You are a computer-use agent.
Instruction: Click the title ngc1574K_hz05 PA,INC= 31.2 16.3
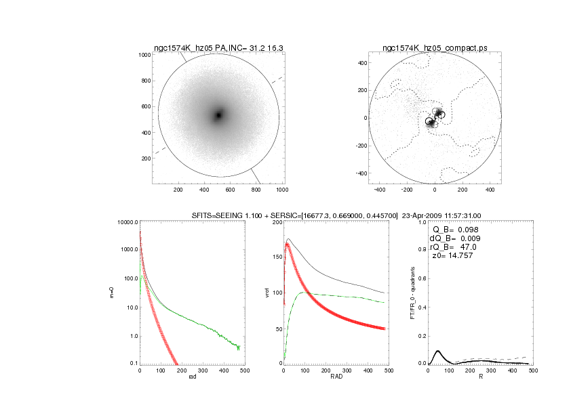point(218,48)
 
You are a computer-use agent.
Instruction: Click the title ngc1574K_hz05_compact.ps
point(435,48)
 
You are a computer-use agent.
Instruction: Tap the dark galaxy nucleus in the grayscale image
point(218,115)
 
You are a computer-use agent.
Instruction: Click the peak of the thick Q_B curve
point(438,351)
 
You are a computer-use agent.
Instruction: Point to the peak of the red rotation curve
point(288,244)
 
